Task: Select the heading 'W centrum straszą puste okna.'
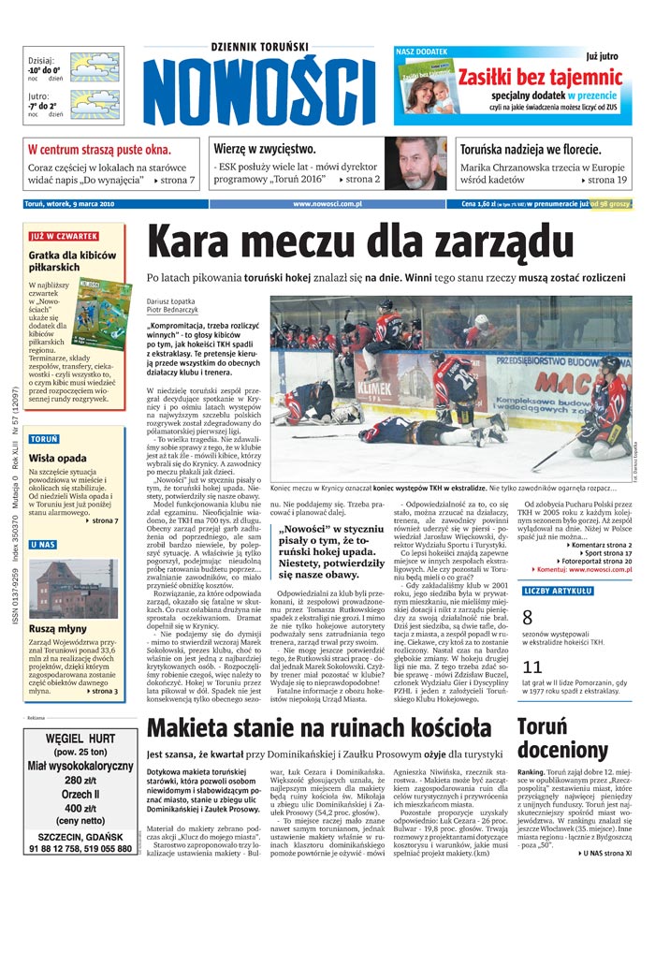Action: [99, 149]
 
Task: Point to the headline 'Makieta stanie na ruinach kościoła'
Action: [319, 728]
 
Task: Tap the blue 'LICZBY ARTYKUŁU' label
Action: [558, 591]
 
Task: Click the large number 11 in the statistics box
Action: [532, 666]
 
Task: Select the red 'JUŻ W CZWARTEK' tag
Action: [64, 237]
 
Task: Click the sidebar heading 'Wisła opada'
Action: [60, 458]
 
